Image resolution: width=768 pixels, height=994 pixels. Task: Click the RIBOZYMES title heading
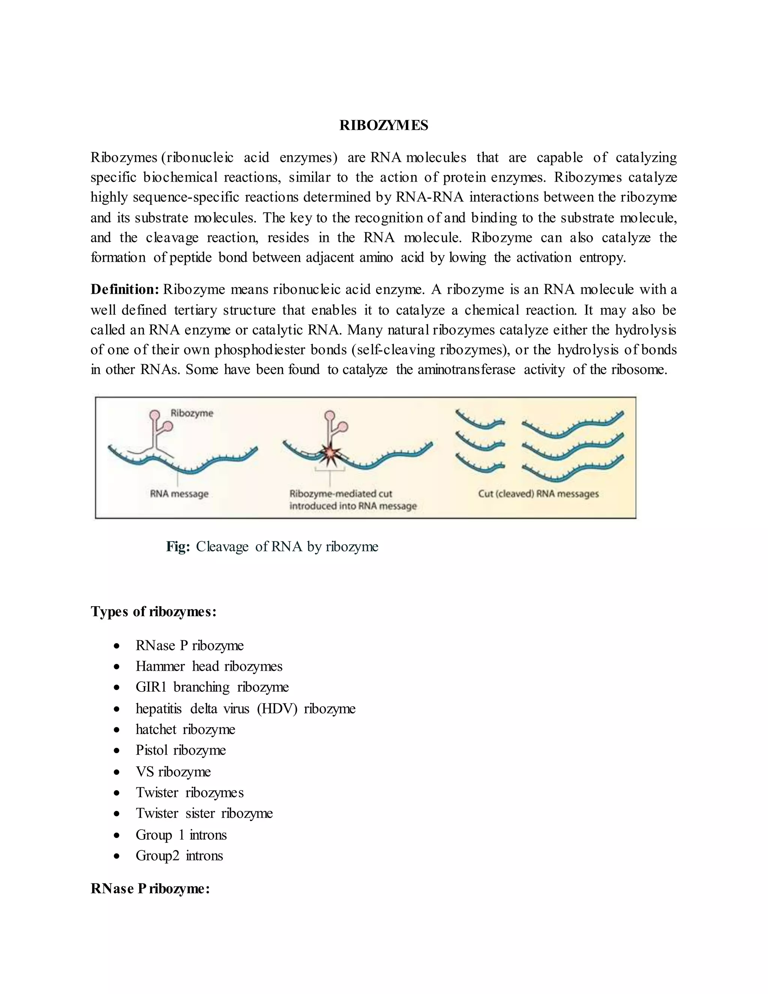(x=384, y=125)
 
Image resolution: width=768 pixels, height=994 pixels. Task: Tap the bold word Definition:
(x=124, y=290)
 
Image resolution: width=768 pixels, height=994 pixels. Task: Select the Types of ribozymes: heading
(x=153, y=611)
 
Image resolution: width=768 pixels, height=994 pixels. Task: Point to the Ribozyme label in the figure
(x=192, y=413)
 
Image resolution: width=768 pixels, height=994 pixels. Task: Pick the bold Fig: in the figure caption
(x=178, y=546)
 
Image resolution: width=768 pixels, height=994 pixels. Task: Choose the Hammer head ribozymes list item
(x=209, y=666)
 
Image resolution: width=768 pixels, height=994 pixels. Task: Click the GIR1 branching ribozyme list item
(x=212, y=687)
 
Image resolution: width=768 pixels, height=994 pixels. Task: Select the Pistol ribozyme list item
(x=181, y=750)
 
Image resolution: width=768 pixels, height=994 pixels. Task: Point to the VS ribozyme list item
(x=173, y=772)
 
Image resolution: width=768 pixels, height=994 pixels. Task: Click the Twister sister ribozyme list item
(x=204, y=813)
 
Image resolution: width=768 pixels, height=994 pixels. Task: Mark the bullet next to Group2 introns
(x=117, y=856)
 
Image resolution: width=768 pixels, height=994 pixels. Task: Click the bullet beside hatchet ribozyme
(x=117, y=730)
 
